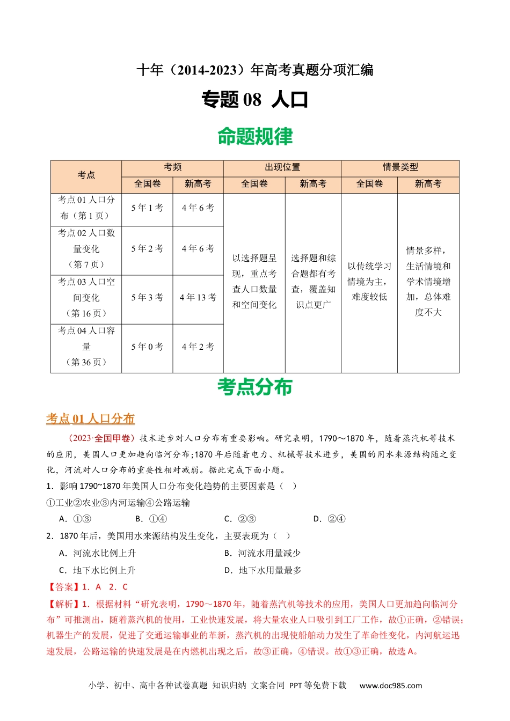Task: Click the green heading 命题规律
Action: pos(255,137)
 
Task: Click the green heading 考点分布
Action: pos(255,387)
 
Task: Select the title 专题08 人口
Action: pos(255,100)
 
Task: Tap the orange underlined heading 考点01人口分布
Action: pos(90,419)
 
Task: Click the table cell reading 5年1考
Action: pos(147,208)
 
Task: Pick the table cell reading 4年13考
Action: pos(198,298)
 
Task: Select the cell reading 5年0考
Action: pos(147,347)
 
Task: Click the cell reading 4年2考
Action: pos(198,347)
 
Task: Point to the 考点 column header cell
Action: pos(86,175)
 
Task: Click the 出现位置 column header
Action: pos(282,167)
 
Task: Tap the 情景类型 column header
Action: pos(400,167)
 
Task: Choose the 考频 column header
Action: pos(172,167)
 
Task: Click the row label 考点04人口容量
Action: pos(86,347)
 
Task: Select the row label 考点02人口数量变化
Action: pos(86,249)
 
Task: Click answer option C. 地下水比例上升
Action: pos(98,570)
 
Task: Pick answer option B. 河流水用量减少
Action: pos(263,553)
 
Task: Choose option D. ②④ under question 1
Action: pos(330,519)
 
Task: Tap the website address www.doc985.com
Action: pos(391,686)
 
